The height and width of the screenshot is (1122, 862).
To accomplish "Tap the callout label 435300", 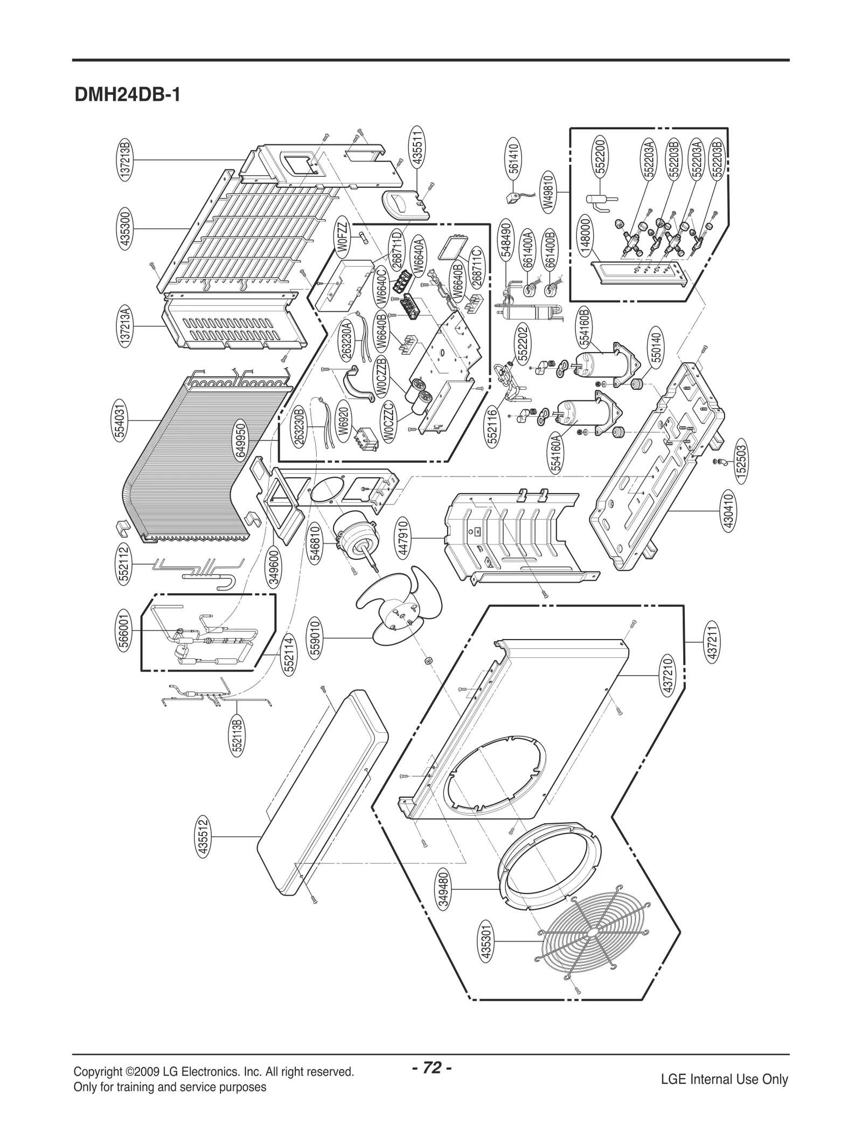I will pos(126,229).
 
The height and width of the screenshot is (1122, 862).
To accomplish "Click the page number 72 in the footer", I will pos(432,1054).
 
